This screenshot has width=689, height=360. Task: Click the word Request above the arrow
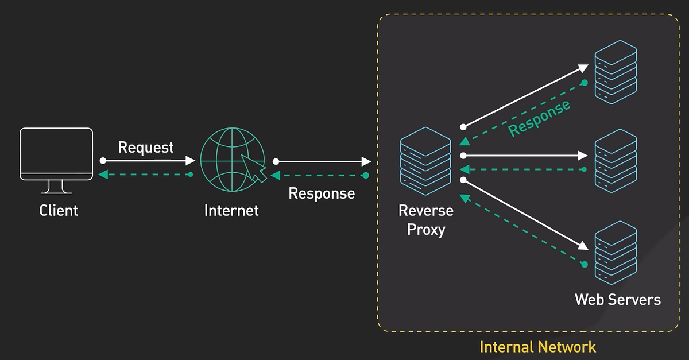click(146, 147)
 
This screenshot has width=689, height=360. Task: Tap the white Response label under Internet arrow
click(322, 193)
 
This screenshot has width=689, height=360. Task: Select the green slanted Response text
click(539, 117)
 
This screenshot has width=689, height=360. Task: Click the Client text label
click(59, 211)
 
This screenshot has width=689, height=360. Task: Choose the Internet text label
click(231, 211)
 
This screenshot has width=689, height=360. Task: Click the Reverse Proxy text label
click(426, 220)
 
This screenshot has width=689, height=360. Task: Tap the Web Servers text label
click(618, 299)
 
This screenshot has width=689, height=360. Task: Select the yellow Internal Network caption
click(537, 347)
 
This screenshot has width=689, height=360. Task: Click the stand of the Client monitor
click(56, 187)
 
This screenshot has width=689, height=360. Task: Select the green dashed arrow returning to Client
click(146, 174)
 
